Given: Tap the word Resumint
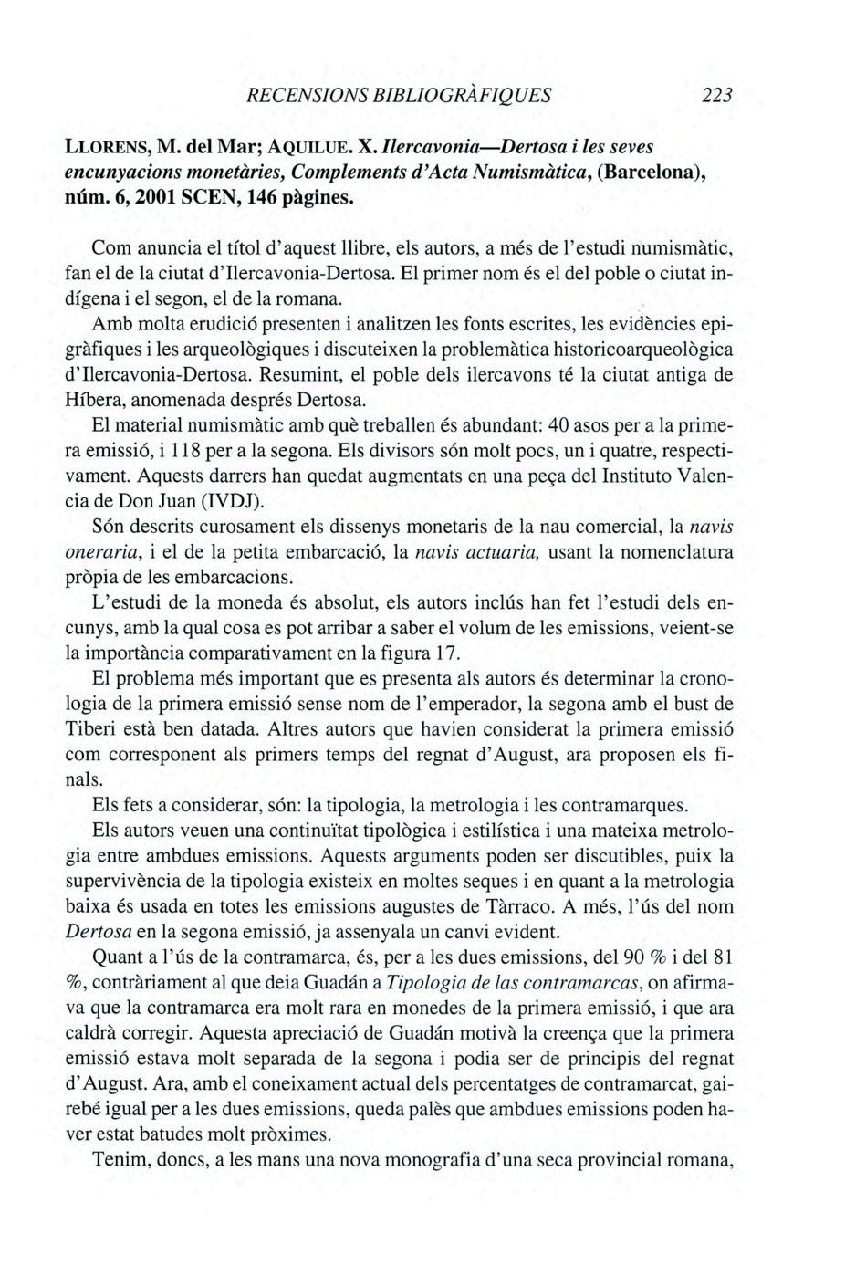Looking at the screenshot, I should (x=295, y=375).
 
